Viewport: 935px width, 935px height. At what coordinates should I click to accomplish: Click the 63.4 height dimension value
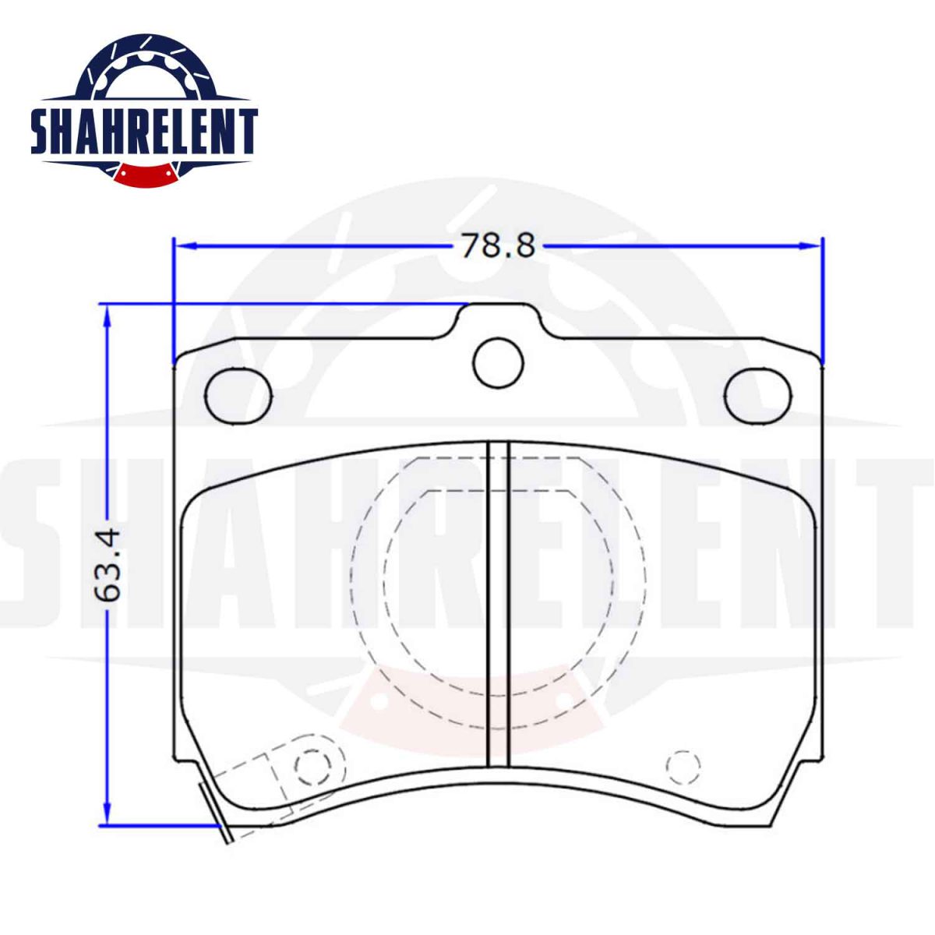click(x=108, y=565)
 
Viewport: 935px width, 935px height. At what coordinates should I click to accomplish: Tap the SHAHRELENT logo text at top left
click(x=143, y=133)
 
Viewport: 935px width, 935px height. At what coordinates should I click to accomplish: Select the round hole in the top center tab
click(x=499, y=363)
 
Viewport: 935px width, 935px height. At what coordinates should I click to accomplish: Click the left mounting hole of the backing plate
click(x=238, y=397)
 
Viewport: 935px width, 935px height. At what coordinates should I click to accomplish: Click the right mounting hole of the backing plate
click(x=758, y=397)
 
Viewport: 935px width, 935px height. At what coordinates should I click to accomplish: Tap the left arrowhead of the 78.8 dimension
click(x=185, y=246)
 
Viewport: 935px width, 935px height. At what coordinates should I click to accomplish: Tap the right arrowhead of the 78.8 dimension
click(x=811, y=246)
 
